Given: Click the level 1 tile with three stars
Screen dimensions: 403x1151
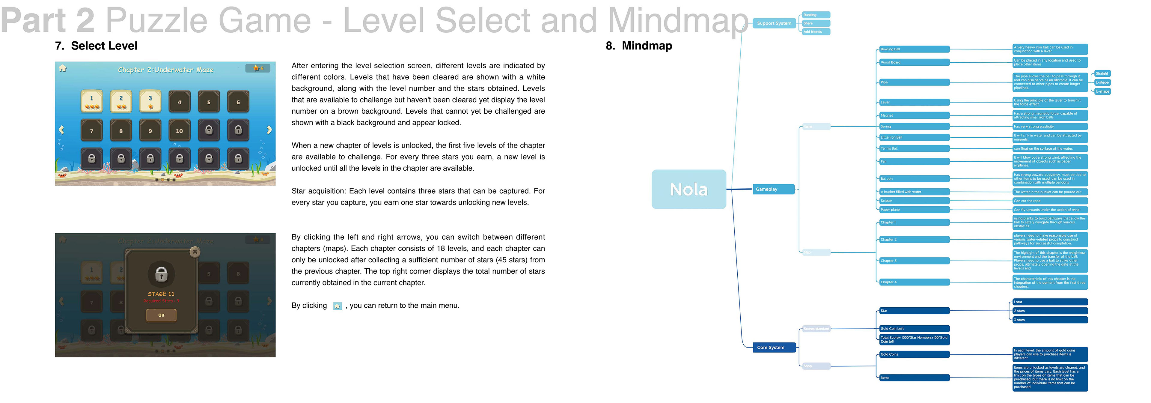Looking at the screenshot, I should (92, 101).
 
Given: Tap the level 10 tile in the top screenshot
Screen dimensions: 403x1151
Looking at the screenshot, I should (179, 130).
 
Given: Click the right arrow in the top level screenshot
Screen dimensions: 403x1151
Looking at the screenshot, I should (269, 130).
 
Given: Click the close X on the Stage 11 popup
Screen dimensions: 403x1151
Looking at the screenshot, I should (195, 252).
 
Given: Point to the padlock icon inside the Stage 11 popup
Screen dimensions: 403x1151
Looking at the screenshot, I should (161, 273).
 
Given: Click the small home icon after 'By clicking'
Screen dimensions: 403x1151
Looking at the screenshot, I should (337, 306).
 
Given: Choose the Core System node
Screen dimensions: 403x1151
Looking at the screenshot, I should (774, 347).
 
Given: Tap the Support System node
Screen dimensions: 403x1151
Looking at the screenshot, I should (774, 23).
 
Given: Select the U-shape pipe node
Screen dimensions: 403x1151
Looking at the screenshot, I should (1102, 91).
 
